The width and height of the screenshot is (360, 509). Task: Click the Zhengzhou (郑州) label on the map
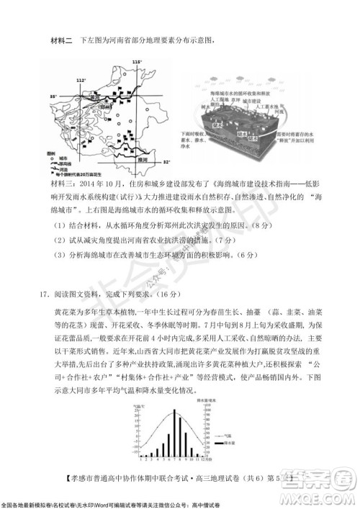coord(107,105)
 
